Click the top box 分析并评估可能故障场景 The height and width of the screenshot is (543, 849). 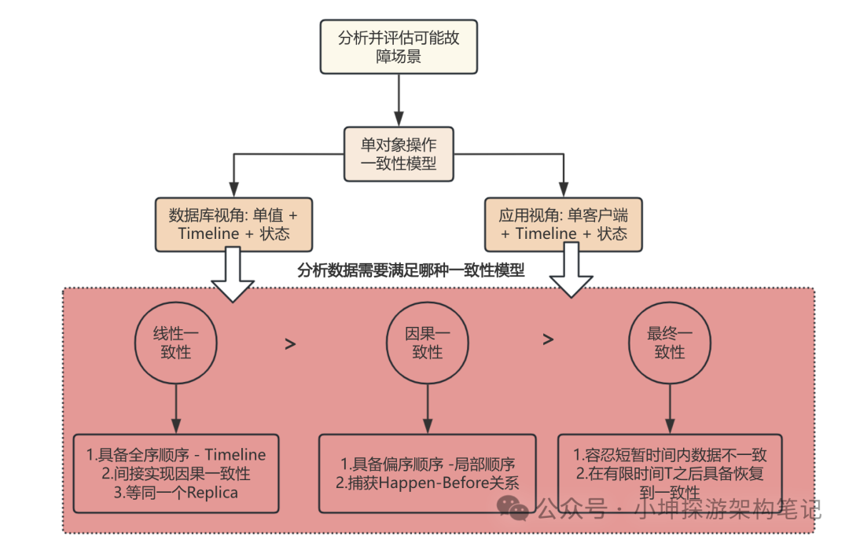399,46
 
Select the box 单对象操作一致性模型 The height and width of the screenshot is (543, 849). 399,154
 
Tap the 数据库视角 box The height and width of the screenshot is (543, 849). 233,223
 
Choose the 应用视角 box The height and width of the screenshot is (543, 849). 564,223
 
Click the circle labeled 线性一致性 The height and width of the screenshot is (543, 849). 176,343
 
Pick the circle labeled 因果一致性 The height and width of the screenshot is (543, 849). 427,343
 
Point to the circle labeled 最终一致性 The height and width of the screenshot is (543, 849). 670,343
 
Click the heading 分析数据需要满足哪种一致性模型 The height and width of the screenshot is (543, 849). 411,270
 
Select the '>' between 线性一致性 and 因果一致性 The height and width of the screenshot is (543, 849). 290,343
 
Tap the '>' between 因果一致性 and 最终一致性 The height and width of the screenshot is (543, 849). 548,339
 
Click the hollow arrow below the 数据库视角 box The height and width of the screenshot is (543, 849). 233,275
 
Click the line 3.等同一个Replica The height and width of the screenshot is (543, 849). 176,492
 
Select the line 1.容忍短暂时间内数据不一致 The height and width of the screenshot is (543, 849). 670,455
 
